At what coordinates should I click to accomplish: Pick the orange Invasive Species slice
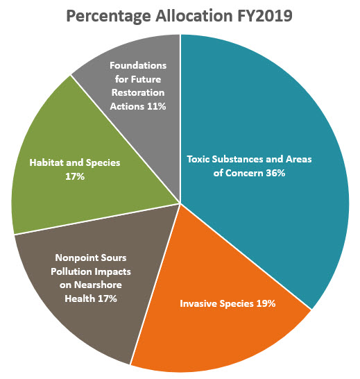[x=229, y=333]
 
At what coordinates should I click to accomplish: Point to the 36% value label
[x=274, y=173]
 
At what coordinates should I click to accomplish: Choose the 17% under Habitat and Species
[x=75, y=177]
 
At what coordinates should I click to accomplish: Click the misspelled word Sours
[x=110, y=258]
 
